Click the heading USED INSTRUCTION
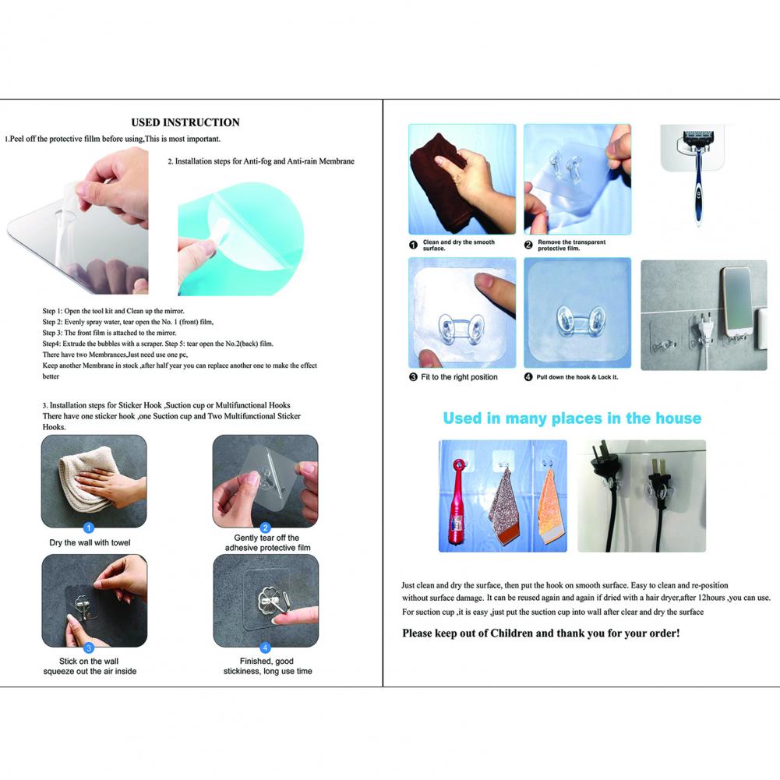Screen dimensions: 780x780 [x=185, y=122]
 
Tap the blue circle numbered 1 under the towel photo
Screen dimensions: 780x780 [x=89, y=528]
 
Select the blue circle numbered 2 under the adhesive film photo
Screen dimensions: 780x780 [x=265, y=528]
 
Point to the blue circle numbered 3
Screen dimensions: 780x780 [x=89, y=648]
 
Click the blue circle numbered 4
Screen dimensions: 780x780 [x=265, y=648]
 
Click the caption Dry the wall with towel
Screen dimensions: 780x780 [x=90, y=542]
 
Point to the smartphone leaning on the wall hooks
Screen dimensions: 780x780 [x=736, y=302]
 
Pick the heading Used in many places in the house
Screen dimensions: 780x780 [x=572, y=418]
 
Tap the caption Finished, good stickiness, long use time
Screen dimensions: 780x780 [x=267, y=666]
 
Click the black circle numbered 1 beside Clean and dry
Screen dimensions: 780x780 [x=414, y=245]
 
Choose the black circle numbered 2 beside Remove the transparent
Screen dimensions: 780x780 [x=528, y=245]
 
